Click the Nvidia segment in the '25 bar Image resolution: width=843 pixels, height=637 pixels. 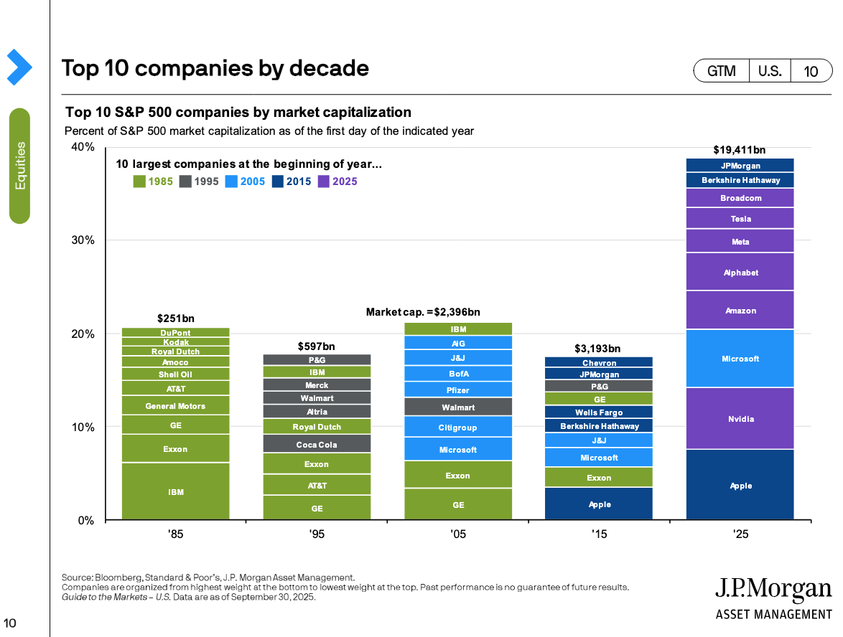740,418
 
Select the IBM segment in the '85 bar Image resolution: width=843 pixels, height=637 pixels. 175,491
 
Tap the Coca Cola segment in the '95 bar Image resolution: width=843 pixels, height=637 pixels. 316,444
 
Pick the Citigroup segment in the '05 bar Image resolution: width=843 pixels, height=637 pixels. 458,427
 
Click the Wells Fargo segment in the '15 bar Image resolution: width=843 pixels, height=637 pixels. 599,412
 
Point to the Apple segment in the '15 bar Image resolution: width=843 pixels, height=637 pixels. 599,504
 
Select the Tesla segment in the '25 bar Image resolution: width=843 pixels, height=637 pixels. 740,218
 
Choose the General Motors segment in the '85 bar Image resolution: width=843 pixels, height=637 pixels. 175,405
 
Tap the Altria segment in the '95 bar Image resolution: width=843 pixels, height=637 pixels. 316,412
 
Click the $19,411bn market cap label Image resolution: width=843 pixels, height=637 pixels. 739,150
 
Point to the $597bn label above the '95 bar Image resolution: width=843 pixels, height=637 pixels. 316,346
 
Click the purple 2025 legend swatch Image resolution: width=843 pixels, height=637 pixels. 323,181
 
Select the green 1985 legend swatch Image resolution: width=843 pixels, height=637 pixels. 139,181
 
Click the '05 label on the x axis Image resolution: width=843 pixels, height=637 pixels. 457,534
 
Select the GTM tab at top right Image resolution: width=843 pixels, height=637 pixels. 721,71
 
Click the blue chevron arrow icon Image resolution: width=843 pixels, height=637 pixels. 19,67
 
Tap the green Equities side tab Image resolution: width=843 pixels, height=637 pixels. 20,166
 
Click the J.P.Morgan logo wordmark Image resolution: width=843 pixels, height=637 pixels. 773,590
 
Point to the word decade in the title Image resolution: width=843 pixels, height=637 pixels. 329,68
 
